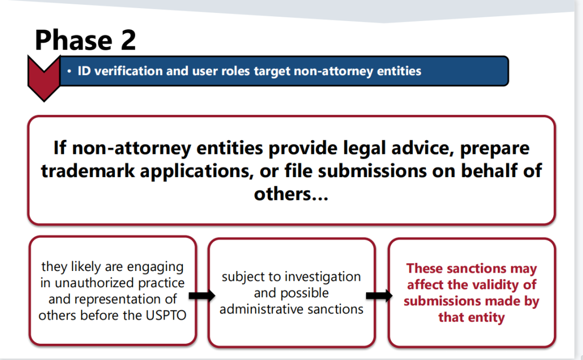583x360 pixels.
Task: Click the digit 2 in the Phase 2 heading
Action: point(128,40)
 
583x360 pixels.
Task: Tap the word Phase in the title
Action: point(73,40)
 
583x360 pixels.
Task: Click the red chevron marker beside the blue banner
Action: point(44,78)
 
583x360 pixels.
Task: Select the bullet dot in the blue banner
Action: point(69,71)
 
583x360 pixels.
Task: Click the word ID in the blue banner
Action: point(84,71)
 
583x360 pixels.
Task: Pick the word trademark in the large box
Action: point(88,171)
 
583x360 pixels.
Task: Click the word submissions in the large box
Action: point(372,171)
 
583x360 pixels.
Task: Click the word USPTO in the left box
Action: point(166,315)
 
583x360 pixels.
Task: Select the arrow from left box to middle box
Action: point(202,296)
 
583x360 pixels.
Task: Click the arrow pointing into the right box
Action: point(379,296)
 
